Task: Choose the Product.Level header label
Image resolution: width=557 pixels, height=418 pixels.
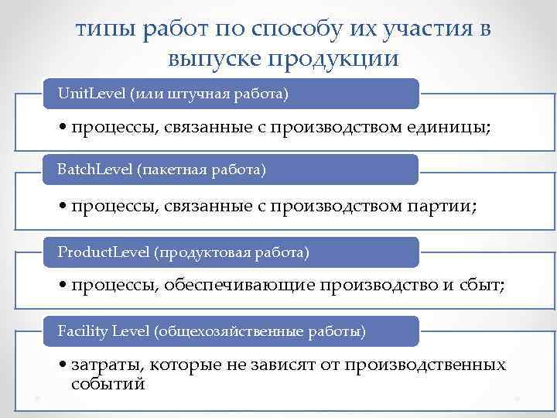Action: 104,252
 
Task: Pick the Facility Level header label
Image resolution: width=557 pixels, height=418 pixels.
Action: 104,331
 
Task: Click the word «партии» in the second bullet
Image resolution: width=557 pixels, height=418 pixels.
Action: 439,207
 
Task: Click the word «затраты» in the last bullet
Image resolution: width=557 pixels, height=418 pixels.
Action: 105,365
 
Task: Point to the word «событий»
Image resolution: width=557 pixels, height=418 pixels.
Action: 108,383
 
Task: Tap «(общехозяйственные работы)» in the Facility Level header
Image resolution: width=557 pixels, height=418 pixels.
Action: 260,331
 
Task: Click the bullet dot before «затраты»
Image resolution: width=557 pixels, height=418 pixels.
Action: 62,365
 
